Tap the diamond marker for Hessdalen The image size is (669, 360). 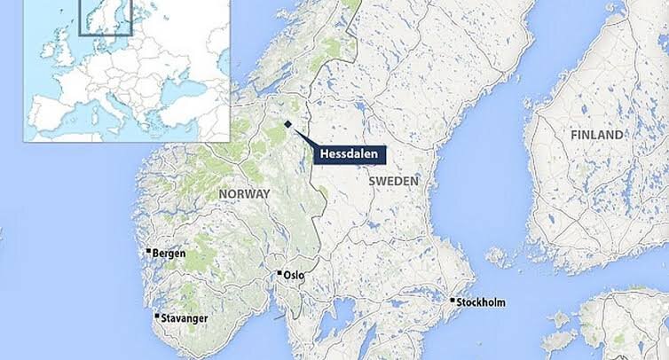pyautogui.click(x=287, y=124)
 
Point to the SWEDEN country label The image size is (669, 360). pyautogui.click(x=392, y=180)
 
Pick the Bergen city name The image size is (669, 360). pyautogui.click(x=169, y=254)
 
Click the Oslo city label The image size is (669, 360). pyautogui.click(x=294, y=275)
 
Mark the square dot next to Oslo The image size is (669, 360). pyautogui.click(x=279, y=273)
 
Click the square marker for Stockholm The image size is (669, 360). pyautogui.click(x=453, y=301)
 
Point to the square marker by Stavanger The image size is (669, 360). pyautogui.click(x=158, y=316)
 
